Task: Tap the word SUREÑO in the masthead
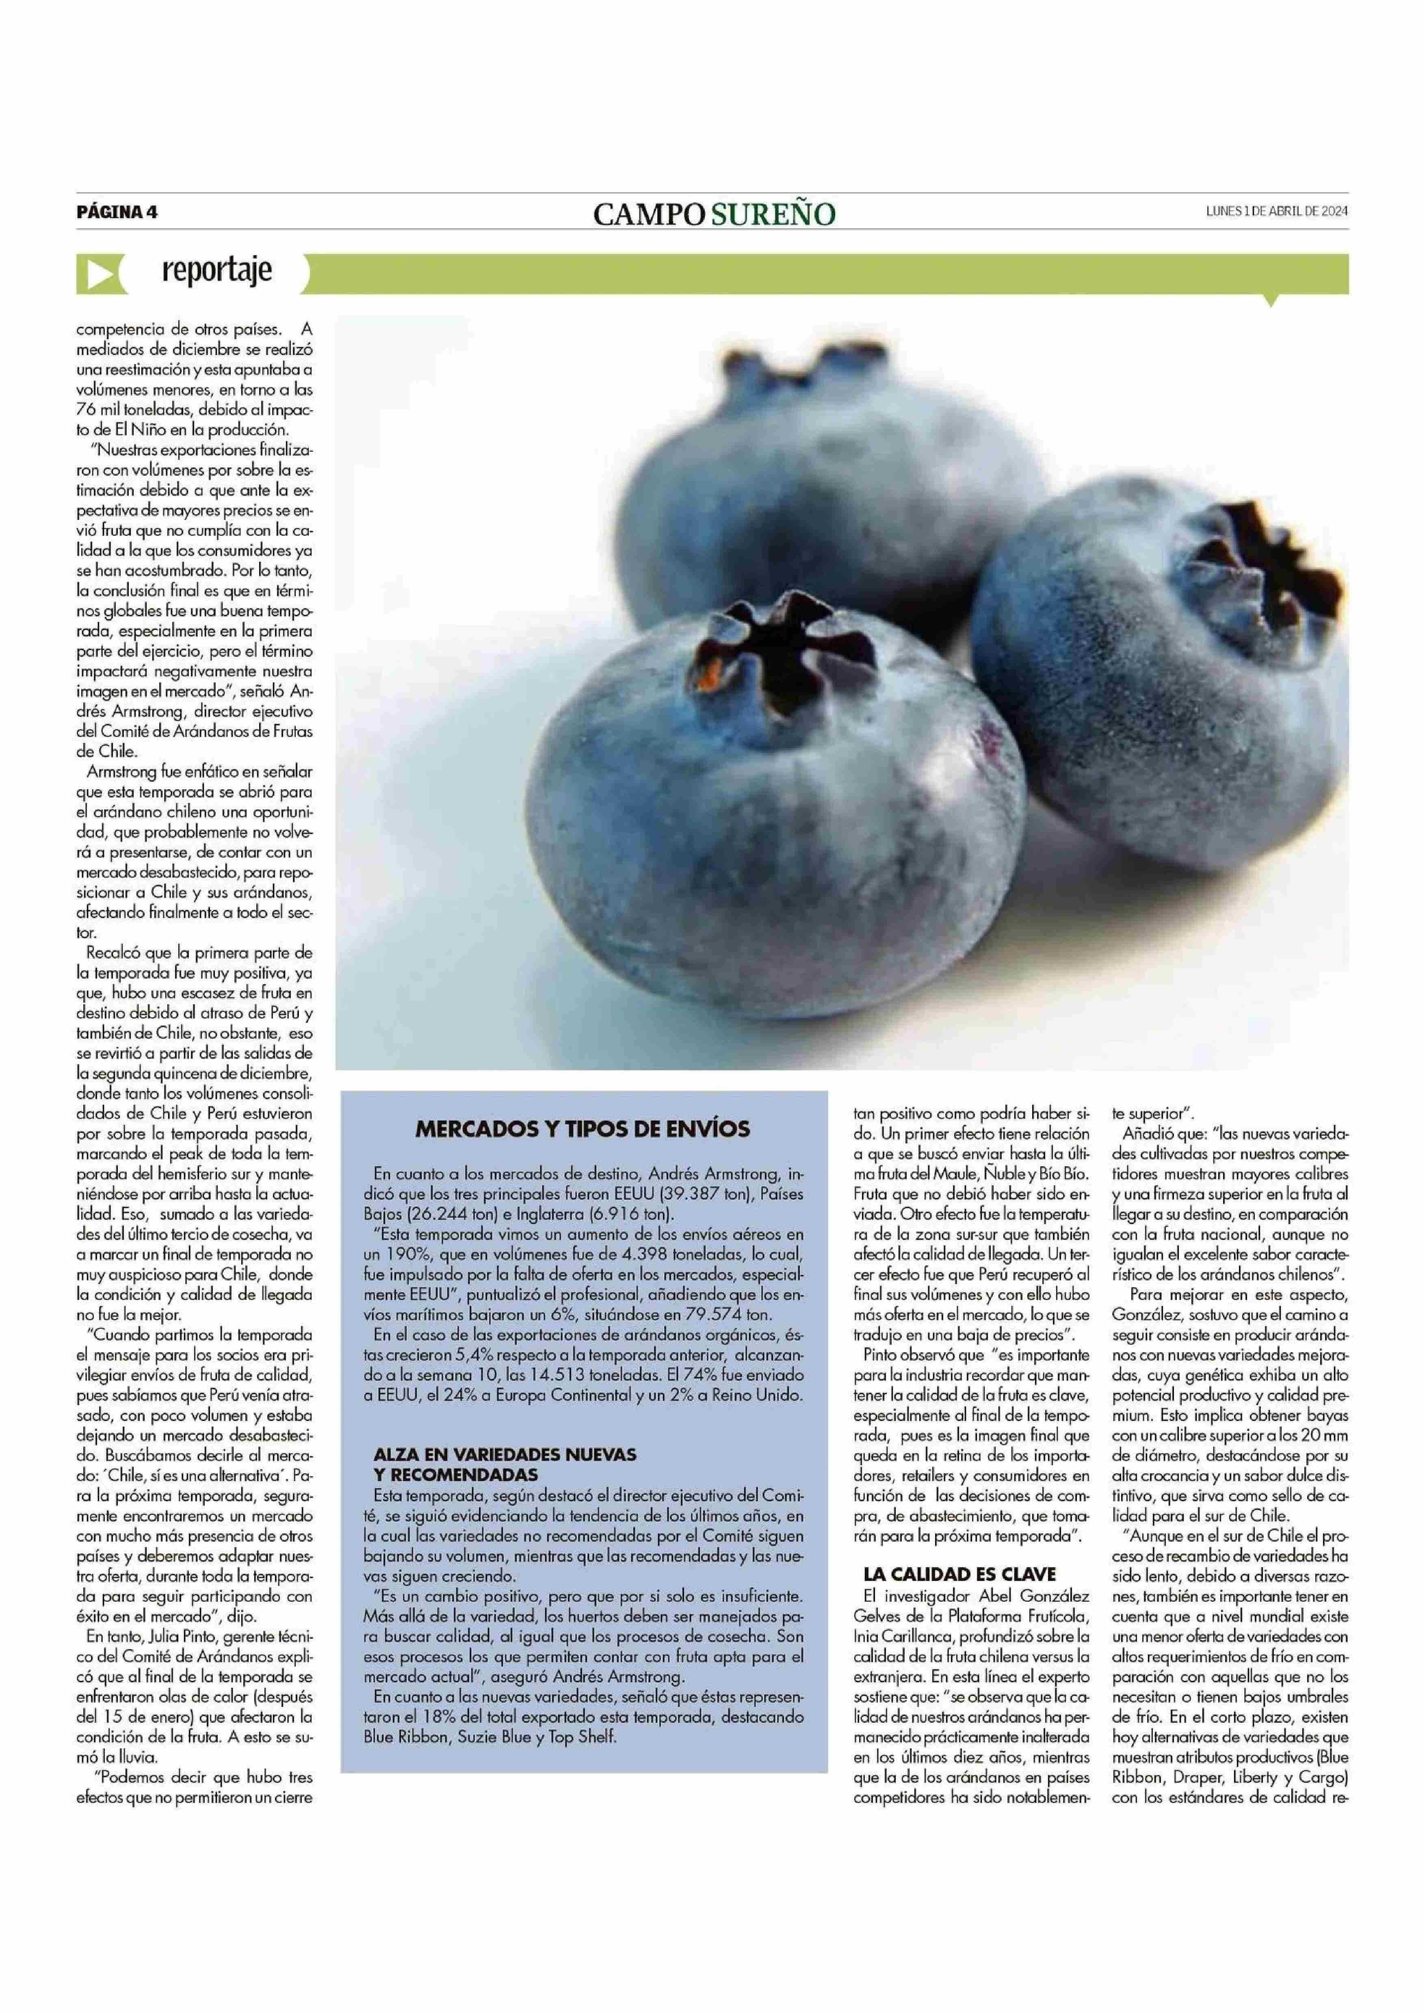click(772, 214)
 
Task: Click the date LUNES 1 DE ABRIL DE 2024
click(1277, 210)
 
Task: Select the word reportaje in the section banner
click(217, 271)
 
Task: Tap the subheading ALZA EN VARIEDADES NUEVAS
click(505, 1454)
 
